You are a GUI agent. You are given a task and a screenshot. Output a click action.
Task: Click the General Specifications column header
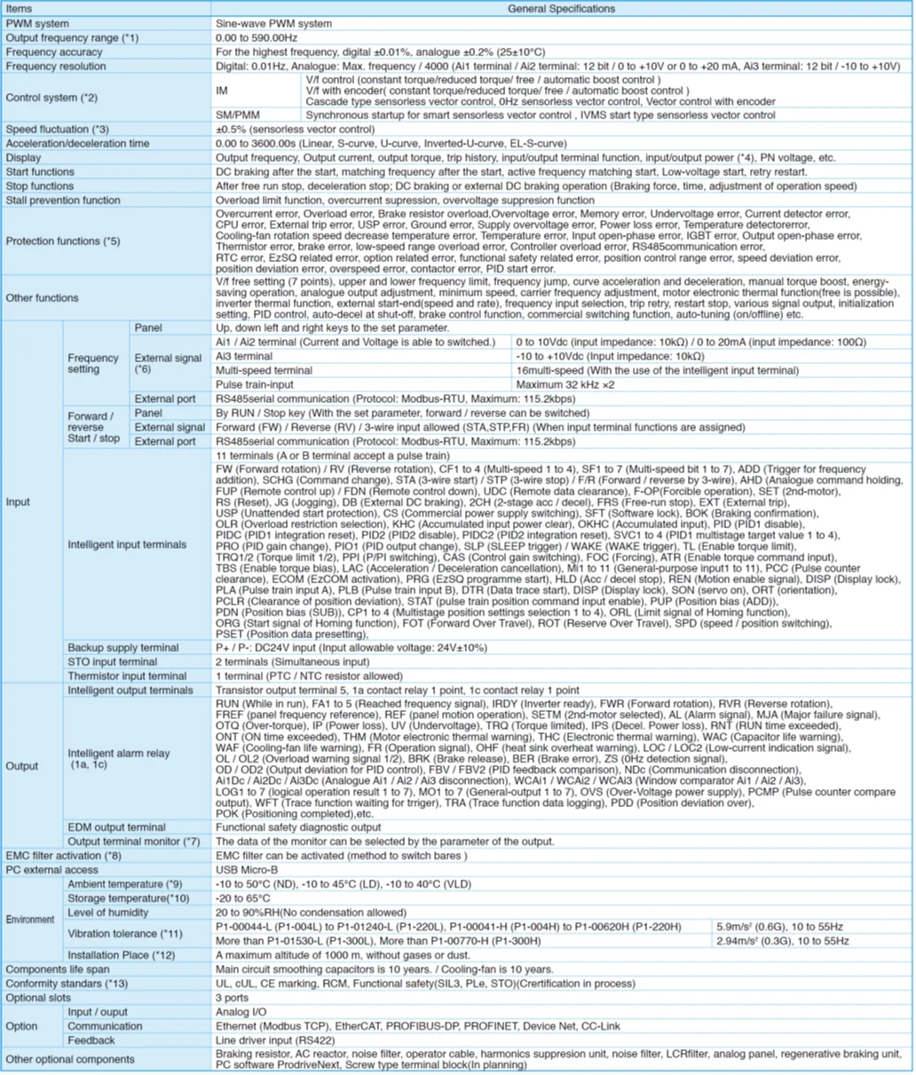pos(561,9)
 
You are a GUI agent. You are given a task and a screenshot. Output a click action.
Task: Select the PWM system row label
pos(37,24)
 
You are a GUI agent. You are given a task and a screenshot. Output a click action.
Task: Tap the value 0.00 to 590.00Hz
pos(257,38)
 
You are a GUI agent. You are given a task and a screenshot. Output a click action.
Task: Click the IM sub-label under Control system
pos(222,91)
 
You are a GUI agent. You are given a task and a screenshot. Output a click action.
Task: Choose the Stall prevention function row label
pos(63,201)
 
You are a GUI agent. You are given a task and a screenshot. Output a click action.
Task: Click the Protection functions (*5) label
pos(62,241)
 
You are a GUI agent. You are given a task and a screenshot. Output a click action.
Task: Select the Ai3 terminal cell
pos(244,356)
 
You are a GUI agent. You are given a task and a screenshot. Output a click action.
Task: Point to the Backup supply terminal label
pos(123,648)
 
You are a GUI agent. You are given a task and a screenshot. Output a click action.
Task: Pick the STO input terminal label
pos(113,662)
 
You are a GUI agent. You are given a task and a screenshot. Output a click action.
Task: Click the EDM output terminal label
pos(117,827)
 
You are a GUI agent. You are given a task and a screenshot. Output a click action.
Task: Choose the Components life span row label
pos(58,969)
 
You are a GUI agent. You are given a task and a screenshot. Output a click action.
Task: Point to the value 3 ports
pos(233,998)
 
